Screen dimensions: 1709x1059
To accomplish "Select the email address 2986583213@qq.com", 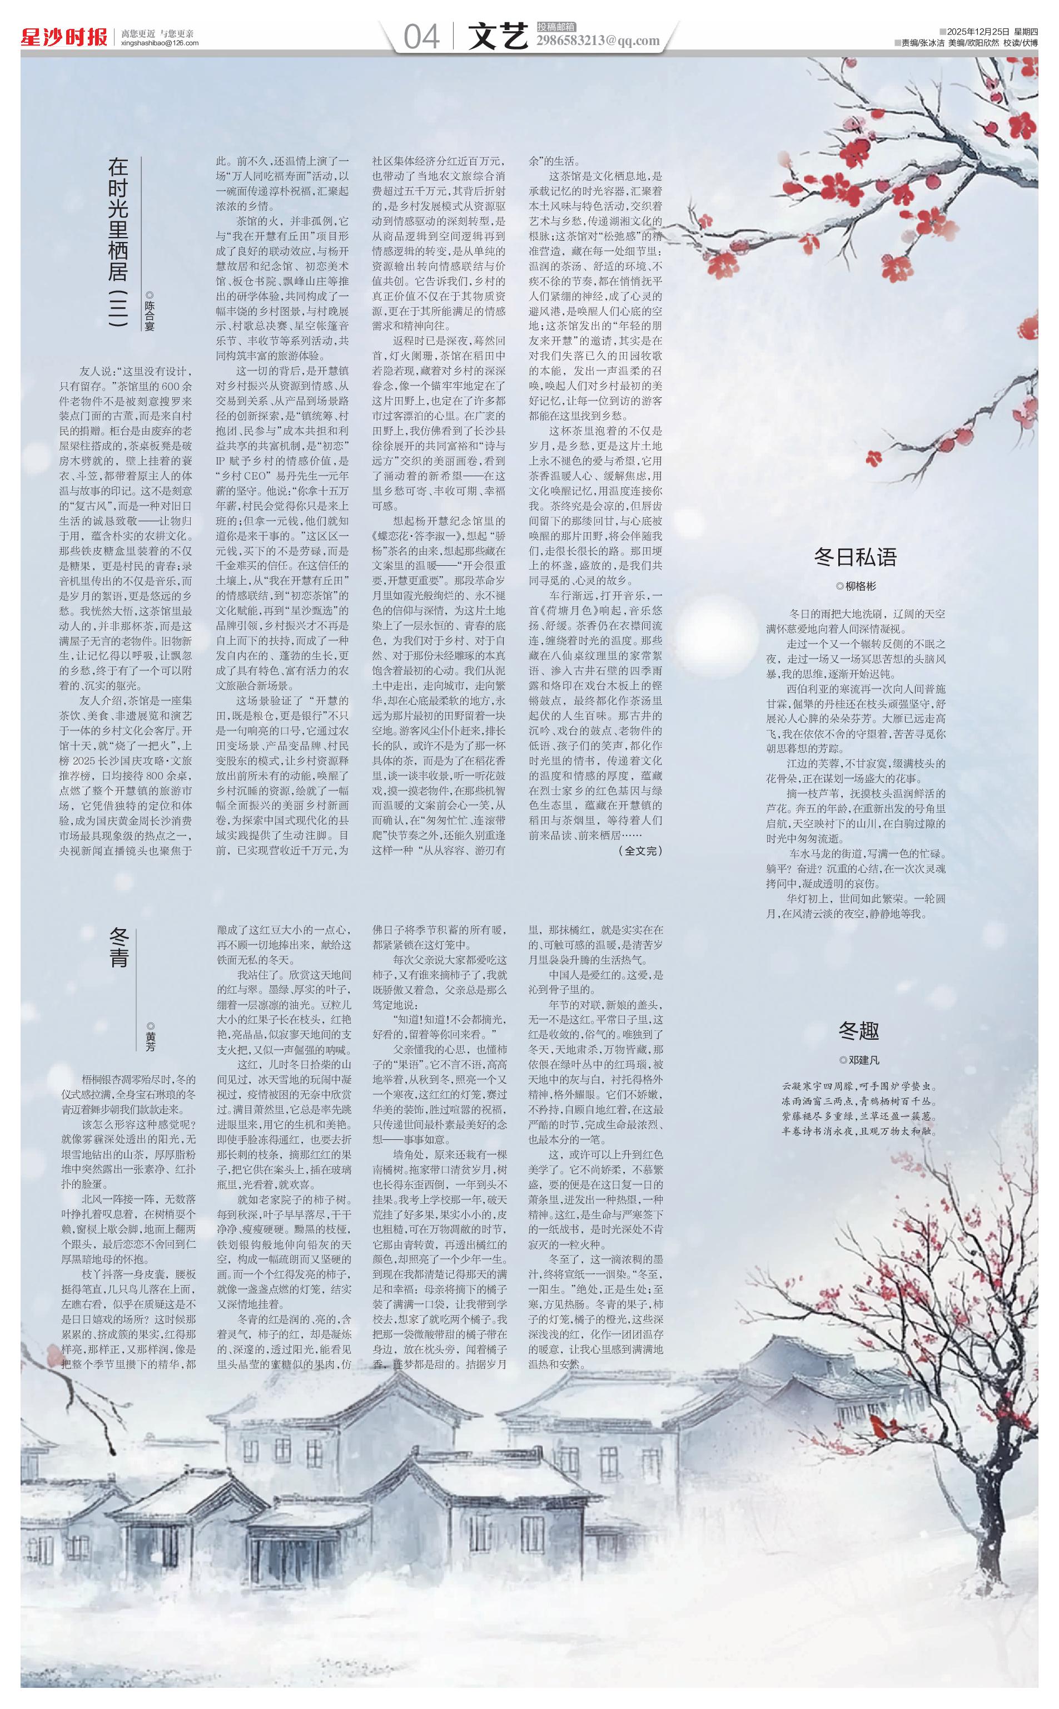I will tap(598, 41).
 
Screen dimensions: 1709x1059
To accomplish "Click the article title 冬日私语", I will tap(855, 557).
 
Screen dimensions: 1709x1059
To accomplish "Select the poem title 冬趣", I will tap(859, 1031).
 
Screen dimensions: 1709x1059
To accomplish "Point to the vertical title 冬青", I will tap(119, 948).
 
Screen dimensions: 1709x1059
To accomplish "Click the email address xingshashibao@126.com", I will tap(160, 43).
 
